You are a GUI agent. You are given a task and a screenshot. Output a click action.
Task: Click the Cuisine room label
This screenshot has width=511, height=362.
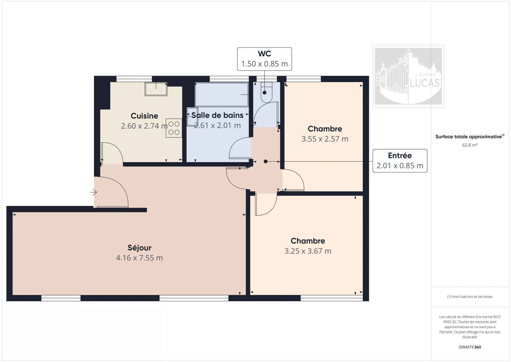pyautogui.click(x=144, y=116)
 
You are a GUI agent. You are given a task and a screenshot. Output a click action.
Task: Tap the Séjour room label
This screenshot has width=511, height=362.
pyautogui.click(x=139, y=248)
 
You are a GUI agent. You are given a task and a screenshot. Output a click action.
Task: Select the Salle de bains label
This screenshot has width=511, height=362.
pyautogui.click(x=217, y=115)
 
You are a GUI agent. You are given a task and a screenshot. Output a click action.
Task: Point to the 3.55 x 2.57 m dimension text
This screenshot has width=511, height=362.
pyautogui.click(x=325, y=139)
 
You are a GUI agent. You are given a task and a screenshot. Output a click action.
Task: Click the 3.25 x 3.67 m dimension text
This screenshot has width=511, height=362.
pyautogui.click(x=308, y=251)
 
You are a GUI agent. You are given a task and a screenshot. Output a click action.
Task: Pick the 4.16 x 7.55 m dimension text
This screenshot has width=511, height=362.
pyautogui.click(x=139, y=258)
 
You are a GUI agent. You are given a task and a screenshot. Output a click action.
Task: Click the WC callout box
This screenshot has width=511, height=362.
pyautogui.click(x=265, y=59)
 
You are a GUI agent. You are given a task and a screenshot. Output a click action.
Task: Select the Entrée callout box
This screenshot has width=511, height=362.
pyautogui.click(x=400, y=161)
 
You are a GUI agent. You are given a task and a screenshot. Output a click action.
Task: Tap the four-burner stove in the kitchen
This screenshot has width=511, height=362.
pyautogui.click(x=174, y=128)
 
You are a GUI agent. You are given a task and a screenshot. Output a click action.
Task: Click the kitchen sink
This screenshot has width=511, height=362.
pyautogui.click(x=156, y=89)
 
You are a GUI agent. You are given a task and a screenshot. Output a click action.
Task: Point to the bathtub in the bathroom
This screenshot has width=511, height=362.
pyautogui.click(x=222, y=95)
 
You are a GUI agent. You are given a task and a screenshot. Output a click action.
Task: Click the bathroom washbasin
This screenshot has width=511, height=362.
pyautogui.click(x=192, y=116)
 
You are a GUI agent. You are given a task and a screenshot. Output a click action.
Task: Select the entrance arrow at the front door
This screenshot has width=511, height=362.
pyautogui.click(x=93, y=192)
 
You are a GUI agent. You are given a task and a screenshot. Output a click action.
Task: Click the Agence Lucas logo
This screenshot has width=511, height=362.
pyautogui.click(x=408, y=76)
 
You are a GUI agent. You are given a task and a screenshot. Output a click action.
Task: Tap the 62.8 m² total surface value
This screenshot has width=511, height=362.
pyautogui.click(x=470, y=145)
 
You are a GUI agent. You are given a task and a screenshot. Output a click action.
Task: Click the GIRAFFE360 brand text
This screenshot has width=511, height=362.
pyautogui.click(x=470, y=347)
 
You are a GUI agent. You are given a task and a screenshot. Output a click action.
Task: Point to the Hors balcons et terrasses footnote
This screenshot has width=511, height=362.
pyautogui.click(x=470, y=297)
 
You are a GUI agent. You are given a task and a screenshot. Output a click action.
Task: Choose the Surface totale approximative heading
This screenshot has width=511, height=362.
pyautogui.click(x=470, y=136)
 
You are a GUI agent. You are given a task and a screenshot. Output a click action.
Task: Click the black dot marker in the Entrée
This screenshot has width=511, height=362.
pyautogui.click(x=266, y=162)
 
